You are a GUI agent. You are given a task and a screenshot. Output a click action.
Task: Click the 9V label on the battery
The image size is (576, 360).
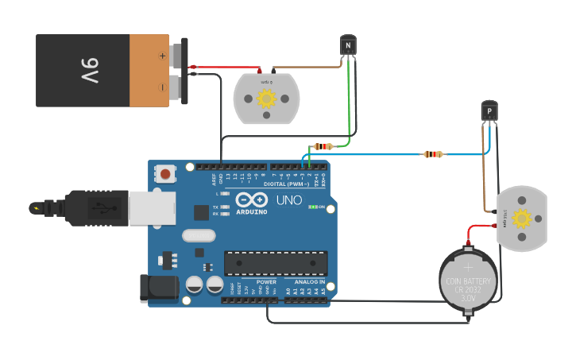click(88, 71)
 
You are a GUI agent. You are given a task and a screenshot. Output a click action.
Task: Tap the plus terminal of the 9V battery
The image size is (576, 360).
click(162, 56)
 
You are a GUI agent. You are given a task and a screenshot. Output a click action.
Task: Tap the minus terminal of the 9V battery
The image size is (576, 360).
click(162, 87)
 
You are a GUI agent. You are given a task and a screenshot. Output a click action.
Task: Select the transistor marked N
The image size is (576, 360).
click(348, 45)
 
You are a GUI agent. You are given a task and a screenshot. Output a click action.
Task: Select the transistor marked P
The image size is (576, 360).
click(489, 111)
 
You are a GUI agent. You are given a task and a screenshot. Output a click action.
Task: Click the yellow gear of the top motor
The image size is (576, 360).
click(266, 99)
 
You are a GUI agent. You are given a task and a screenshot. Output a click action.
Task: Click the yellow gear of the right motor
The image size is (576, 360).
click(521, 219)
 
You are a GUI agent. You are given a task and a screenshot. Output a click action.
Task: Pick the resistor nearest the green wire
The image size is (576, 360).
click(323, 146)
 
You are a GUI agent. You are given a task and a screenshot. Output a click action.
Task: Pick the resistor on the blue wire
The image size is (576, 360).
click(432, 154)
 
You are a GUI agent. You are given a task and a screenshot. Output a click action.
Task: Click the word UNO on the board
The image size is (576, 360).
click(288, 200)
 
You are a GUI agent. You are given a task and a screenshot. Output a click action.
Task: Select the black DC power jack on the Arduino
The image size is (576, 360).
click(158, 288)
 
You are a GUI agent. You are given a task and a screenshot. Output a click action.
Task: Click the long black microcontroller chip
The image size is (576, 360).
click(276, 263)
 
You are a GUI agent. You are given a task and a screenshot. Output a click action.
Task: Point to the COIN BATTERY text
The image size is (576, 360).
click(468, 281)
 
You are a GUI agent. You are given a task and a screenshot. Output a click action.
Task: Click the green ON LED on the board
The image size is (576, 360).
click(312, 207)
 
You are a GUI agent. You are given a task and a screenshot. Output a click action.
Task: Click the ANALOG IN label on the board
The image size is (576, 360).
click(309, 281)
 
